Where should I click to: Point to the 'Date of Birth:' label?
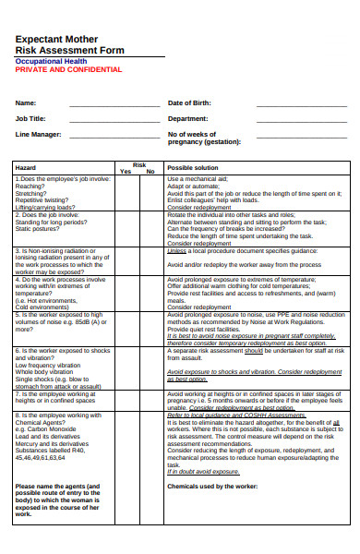click(190, 102)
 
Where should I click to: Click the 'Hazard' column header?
click(26, 167)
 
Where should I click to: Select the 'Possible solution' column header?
click(193, 167)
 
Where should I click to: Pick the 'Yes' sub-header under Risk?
click(126, 172)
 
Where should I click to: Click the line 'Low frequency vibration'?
click(49, 364)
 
